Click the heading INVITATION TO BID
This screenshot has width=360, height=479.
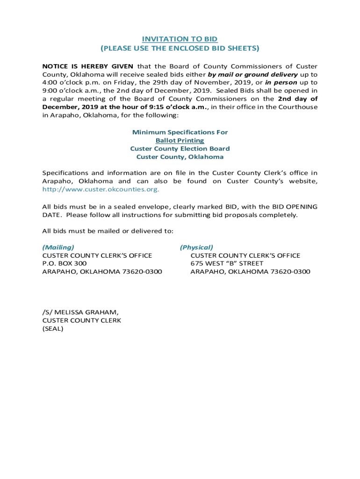[180, 39]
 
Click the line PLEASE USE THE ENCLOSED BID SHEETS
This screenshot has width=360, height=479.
[180, 48]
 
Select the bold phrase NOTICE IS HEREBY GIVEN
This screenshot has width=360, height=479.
[88, 66]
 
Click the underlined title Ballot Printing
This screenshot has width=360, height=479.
[180, 140]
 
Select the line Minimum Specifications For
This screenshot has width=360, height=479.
[180, 132]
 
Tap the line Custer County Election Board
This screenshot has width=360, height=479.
[180, 149]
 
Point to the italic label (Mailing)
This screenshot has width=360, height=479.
[58, 247]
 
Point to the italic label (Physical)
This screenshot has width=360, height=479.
[197, 247]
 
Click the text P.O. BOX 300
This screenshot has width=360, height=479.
[65, 263]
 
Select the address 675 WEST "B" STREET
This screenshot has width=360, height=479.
[227, 263]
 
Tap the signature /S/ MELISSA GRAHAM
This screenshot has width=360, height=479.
[80, 312]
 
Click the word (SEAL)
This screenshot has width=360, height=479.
[53, 328]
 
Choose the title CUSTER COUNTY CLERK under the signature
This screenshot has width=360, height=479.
[82, 320]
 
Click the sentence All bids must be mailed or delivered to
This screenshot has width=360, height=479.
[108, 231]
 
